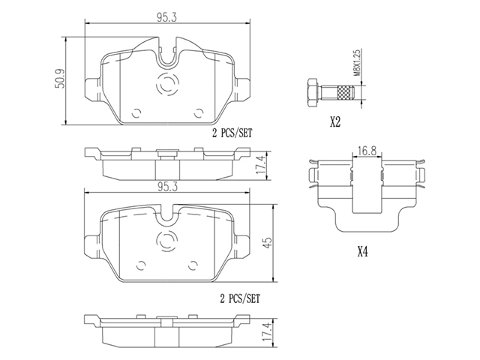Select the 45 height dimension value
coord(268,242)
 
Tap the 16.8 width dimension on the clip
coord(367,151)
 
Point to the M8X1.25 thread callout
coord(357,62)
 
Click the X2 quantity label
coord(335,122)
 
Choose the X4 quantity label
coord(362,252)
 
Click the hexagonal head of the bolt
coord(312,93)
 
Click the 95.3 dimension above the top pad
coord(167,18)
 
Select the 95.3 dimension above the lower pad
coord(167,187)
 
